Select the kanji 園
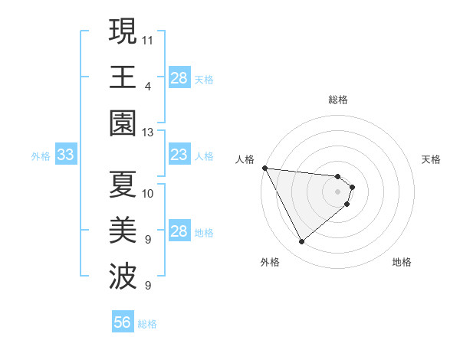pos(123,123)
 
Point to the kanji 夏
pos(123,185)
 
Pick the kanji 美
pos(123,231)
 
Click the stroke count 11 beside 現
pos(148,39)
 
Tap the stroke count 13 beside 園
pos(148,133)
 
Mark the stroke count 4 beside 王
pos(148,86)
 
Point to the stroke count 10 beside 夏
pos(148,194)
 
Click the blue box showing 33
pos(65,155)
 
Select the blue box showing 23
pos(179,155)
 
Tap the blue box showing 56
pos(122,322)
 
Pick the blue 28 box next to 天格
pos(179,77)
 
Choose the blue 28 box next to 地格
pos(179,232)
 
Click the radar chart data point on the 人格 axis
pos(264,168)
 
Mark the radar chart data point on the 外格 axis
pos(301,242)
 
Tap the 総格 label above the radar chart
pos(338,100)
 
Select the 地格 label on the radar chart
pos(402,262)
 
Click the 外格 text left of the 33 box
pos(41,156)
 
